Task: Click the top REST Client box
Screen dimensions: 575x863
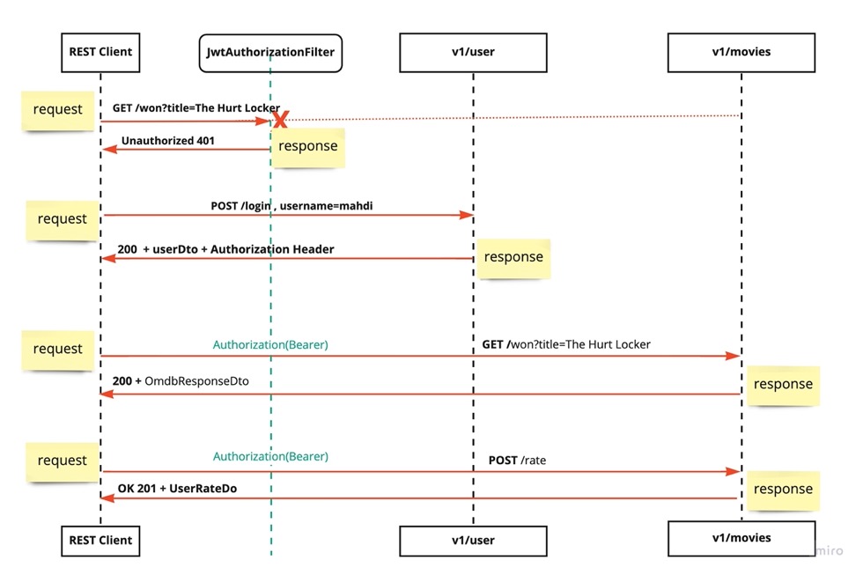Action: (100, 52)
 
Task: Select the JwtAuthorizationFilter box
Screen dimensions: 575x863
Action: (269, 52)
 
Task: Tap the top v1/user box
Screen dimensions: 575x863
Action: (472, 52)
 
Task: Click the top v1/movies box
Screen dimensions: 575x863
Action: (741, 52)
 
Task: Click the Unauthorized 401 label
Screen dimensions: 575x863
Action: (167, 140)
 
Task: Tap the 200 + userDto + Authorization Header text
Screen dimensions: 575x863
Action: (225, 249)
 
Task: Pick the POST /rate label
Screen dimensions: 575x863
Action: (517, 460)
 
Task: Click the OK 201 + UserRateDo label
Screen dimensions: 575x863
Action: (177, 488)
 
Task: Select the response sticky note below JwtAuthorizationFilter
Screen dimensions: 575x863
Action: (307, 146)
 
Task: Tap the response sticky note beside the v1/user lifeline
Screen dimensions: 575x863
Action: (513, 257)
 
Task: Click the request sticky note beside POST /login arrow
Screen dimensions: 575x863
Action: (62, 219)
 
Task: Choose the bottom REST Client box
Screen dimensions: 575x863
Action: (100, 540)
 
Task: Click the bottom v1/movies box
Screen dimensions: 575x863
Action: (741, 538)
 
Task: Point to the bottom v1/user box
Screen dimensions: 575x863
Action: (472, 540)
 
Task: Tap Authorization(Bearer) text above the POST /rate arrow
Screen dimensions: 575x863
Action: (270, 456)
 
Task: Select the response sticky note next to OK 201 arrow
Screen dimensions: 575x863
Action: (783, 490)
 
